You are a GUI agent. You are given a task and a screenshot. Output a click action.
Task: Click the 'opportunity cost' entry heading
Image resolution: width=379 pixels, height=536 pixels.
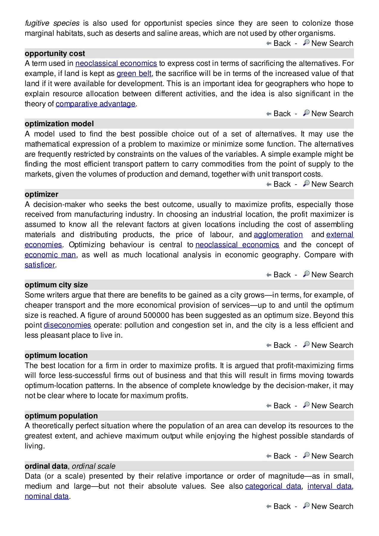[x=55, y=54]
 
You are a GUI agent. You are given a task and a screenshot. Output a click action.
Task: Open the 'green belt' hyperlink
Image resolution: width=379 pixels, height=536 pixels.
[x=134, y=74]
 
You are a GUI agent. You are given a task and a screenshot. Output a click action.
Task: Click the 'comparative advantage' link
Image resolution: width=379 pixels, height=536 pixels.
[x=95, y=104]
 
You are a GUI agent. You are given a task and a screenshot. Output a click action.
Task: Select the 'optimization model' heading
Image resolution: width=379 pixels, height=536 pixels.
[x=59, y=124]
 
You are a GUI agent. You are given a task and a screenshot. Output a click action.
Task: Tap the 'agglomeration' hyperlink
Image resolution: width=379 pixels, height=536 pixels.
[x=278, y=235]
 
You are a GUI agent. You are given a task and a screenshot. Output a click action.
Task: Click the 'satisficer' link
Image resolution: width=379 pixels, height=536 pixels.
[x=40, y=265]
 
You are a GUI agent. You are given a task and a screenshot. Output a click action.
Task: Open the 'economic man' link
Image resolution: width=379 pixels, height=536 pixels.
[x=50, y=255]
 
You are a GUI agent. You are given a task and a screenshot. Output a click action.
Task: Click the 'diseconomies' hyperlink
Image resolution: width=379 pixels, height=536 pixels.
[x=67, y=325]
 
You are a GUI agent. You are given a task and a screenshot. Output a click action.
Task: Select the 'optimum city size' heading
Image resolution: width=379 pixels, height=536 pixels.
[x=56, y=285]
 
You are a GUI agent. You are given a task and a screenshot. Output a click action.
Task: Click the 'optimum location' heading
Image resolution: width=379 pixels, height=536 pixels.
[x=56, y=356]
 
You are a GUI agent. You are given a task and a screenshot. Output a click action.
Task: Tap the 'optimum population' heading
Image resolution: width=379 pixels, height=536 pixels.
[x=61, y=416]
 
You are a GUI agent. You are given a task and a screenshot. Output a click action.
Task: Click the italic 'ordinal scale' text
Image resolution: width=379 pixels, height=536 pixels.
[x=94, y=466]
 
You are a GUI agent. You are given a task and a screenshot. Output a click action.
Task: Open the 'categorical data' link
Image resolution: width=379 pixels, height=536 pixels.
[x=273, y=486]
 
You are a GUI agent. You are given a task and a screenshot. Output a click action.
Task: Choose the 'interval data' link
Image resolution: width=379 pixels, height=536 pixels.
[x=330, y=486]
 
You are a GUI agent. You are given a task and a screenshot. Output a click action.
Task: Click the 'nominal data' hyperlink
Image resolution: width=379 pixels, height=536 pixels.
[x=47, y=496]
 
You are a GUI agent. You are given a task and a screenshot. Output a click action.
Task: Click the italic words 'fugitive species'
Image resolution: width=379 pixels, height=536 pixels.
[x=52, y=23]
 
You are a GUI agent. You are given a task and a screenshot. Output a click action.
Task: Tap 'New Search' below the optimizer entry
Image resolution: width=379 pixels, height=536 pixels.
[x=332, y=275]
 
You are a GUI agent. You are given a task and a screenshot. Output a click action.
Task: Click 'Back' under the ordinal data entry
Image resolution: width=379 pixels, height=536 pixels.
[x=282, y=507]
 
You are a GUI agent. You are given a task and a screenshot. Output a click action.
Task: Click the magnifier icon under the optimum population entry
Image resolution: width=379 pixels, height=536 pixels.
[x=306, y=456]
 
